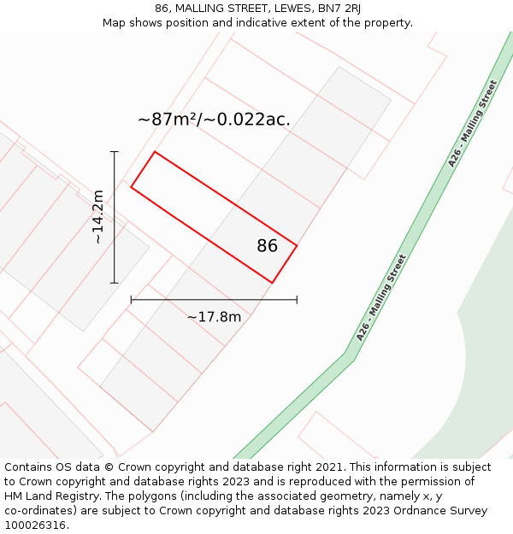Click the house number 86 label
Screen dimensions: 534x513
(x=267, y=246)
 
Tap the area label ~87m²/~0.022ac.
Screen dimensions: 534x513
(x=214, y=120)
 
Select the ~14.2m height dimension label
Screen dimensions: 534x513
(x=98, y=217)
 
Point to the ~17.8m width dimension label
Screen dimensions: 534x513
(x=214, y=317)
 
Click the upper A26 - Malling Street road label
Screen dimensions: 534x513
(x=472, y=123)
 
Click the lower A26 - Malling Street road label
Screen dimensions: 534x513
(x=381, y=297)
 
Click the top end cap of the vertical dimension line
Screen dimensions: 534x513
(x=114, y=152)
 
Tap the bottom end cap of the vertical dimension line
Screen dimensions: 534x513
(x=114, y=283)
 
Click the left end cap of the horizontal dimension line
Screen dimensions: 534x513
(x=131, y=300)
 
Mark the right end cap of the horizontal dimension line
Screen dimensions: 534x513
(x=297, y=300)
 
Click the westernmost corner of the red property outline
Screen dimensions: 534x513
(x=131, y=187)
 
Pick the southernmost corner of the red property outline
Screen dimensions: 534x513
(x=272, y=283)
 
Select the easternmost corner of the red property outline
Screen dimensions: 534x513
(x=297, y=246)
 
